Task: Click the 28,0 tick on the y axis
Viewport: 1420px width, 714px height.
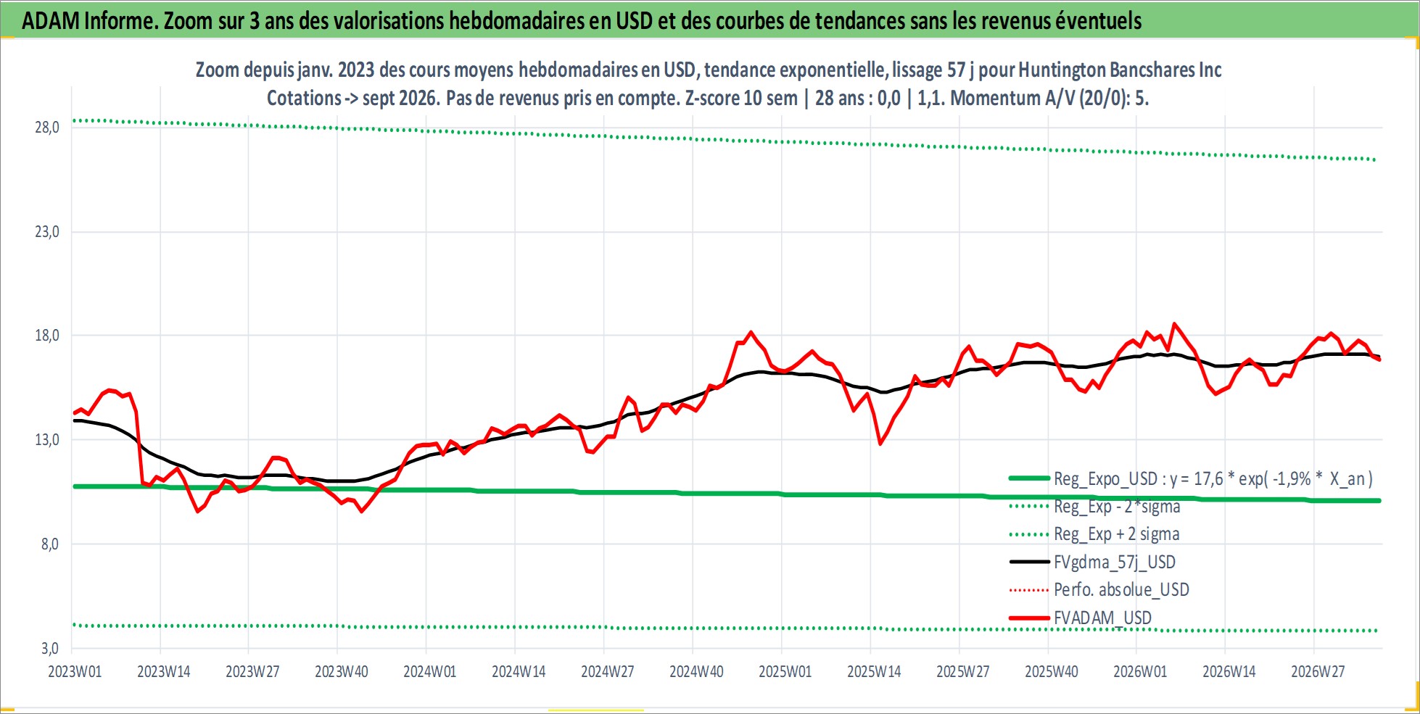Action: coord(47,128)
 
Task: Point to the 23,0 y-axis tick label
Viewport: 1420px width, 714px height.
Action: coord(47,232)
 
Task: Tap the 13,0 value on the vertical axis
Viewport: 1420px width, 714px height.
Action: coord(47,440)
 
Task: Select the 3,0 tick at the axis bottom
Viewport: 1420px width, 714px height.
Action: coord(50,648)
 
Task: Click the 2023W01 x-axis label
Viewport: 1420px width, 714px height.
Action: coord(75,671)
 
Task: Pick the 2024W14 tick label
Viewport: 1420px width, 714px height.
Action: coord(519,671)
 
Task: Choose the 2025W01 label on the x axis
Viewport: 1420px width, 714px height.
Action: coord(785,671)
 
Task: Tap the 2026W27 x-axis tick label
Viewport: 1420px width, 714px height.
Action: coord(1318,671)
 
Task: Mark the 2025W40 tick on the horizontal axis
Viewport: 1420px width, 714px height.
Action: coord(1052,671)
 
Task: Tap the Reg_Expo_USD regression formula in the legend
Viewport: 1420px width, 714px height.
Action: coord(1213,479)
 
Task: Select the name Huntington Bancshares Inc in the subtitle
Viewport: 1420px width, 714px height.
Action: coord(1120,70)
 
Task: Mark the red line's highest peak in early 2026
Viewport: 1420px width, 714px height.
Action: coord(1174,324)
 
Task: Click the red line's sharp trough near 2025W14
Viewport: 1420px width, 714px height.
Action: coord(880,444)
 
